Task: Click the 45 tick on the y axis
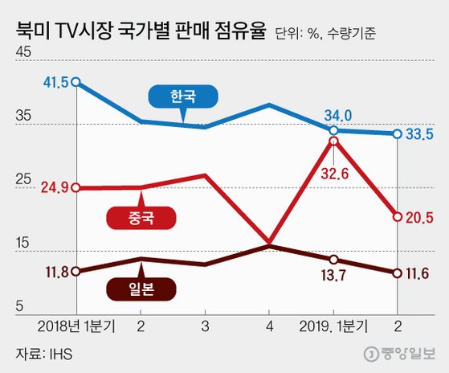[23, 52]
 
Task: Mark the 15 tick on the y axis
[23, 242]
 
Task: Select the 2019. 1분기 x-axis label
[333, 327]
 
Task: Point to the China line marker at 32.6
[333, 141]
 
